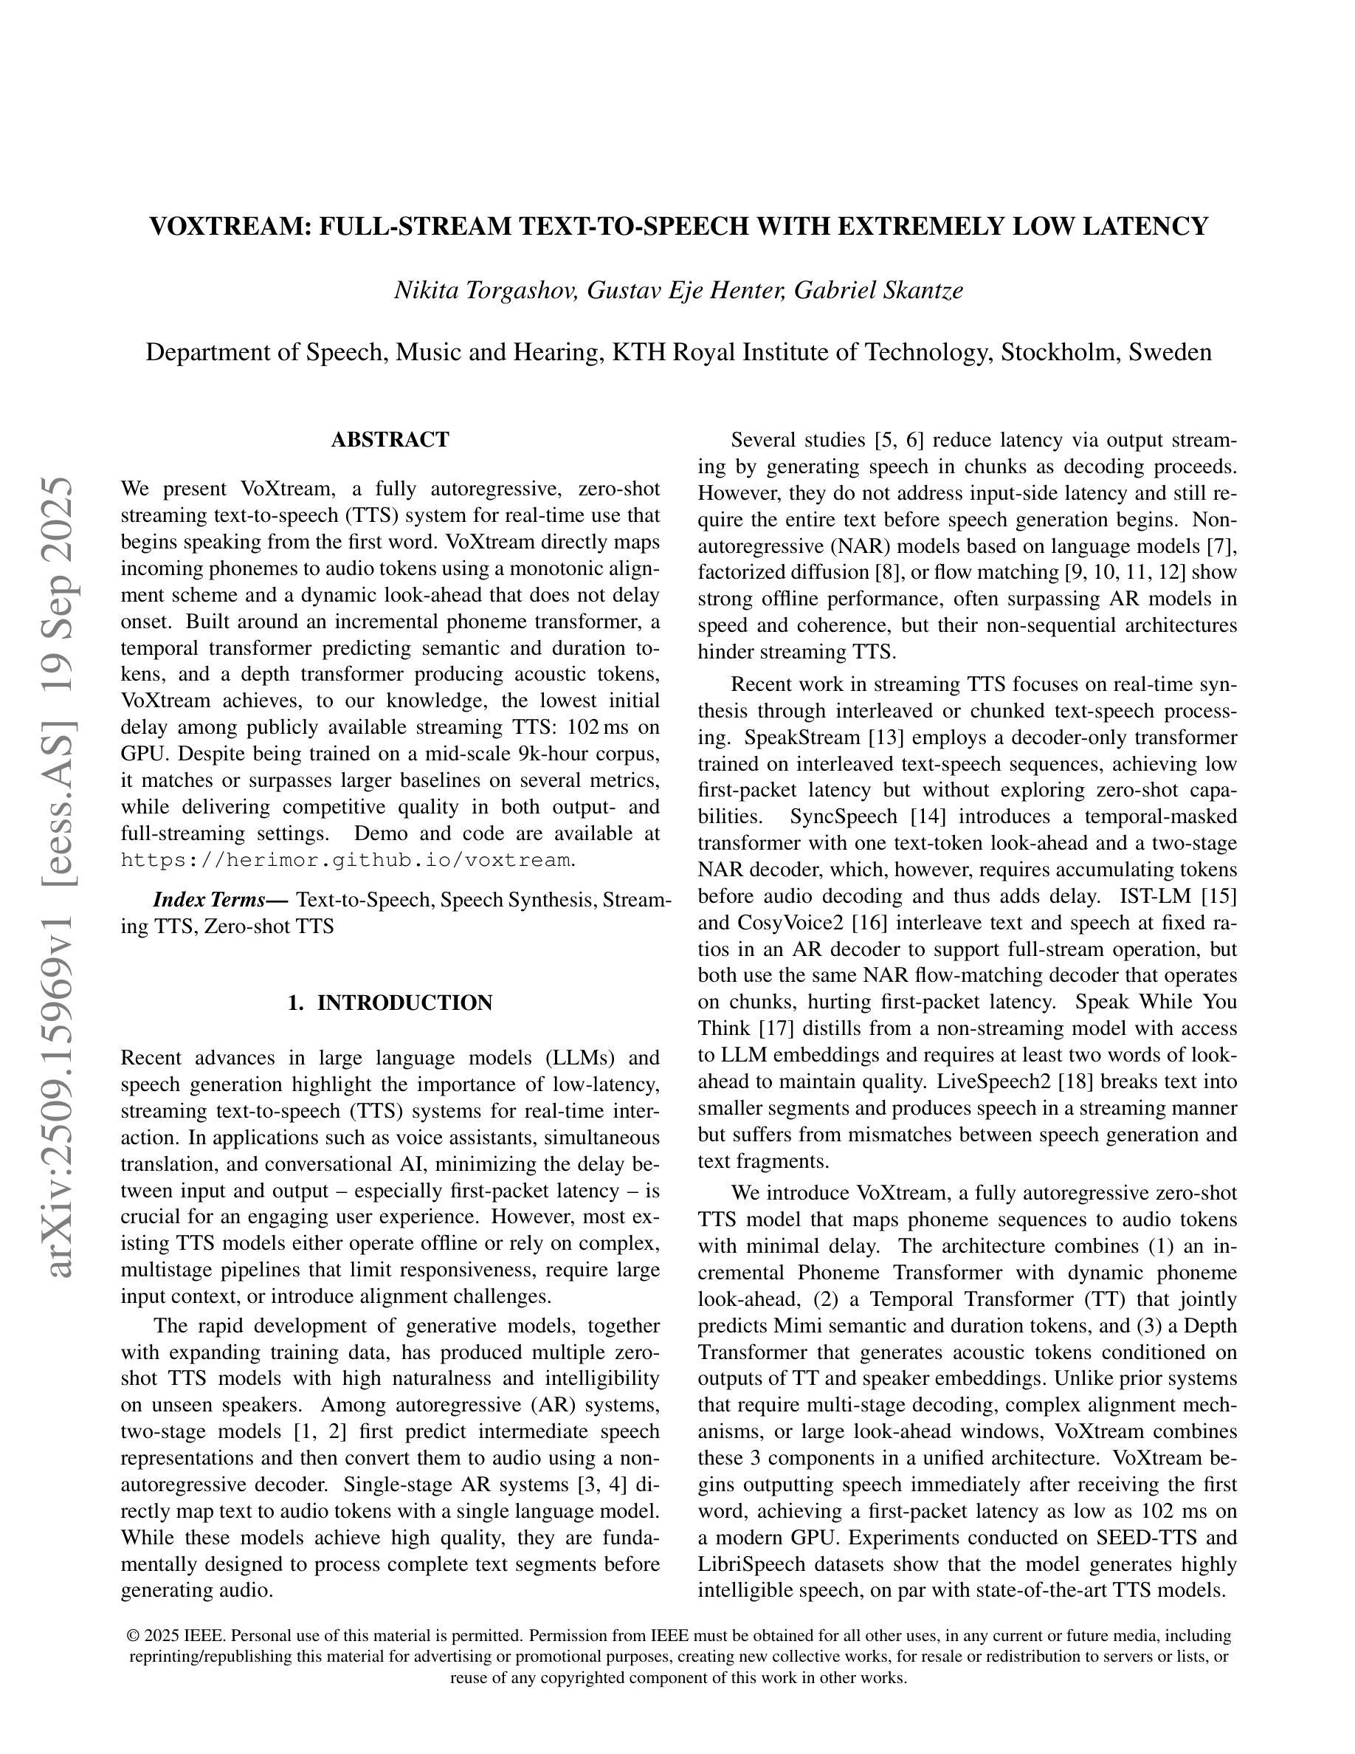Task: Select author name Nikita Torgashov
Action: coord(485,290)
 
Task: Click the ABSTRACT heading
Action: coord(390,439)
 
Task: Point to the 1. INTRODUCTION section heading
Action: coord(390,1003)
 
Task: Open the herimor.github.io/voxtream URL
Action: coord(346,860)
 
